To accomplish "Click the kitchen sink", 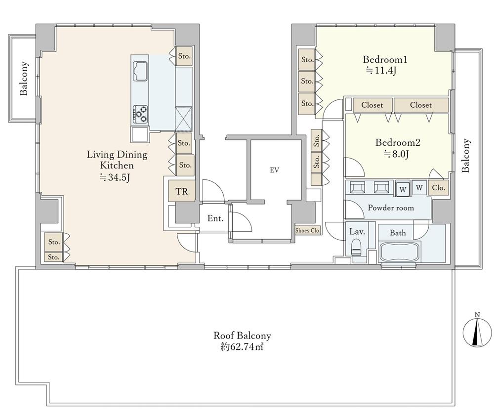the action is (x=140, y=71).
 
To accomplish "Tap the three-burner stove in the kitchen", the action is (x=140, y=114).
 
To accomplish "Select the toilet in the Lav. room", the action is (x=356, y=247).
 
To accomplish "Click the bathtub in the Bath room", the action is (x=400, y=252).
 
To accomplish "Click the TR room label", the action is (x=181, y=191).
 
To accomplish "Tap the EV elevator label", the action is (x=274, y=170).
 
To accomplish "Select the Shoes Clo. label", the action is (x=307, y=230).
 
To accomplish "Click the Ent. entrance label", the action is (x=215, y=218).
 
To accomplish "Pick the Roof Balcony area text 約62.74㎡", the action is (x=242, y=347).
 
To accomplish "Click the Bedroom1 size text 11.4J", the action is (x=381, y=70).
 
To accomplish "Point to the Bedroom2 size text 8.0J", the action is (x=396, y=154).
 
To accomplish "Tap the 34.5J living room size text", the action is (x=115, y=177).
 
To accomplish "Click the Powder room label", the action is (x=391, y=208).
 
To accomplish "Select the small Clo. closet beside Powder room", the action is (x=438, y=188).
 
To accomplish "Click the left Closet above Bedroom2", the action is (x=372, y=105).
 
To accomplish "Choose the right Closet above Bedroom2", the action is (x=421, y=105).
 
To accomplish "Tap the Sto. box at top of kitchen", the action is (x=184, y=56).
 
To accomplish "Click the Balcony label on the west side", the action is (x=24, y=79).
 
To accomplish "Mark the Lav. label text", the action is (x=357, y=232).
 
